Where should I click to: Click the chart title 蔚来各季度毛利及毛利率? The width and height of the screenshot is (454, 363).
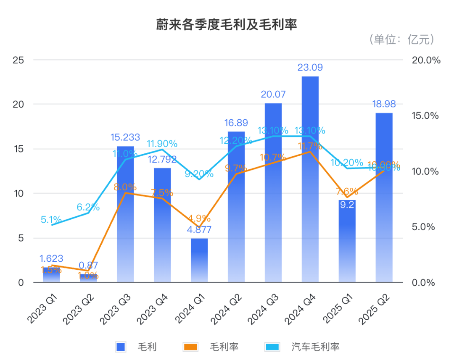click(227, 25)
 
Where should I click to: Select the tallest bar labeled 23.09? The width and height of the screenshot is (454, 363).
click(310, 176)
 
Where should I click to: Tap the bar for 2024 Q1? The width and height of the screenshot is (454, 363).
click(199, 260)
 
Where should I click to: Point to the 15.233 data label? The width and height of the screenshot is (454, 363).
click(125, 137)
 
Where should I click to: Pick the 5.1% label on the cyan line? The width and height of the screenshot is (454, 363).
click(51, 219)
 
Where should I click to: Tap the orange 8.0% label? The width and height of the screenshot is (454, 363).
click(125, 187)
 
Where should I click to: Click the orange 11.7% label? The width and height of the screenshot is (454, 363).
click(310, 147)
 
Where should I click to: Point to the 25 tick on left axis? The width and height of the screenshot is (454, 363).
click(18, 60)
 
